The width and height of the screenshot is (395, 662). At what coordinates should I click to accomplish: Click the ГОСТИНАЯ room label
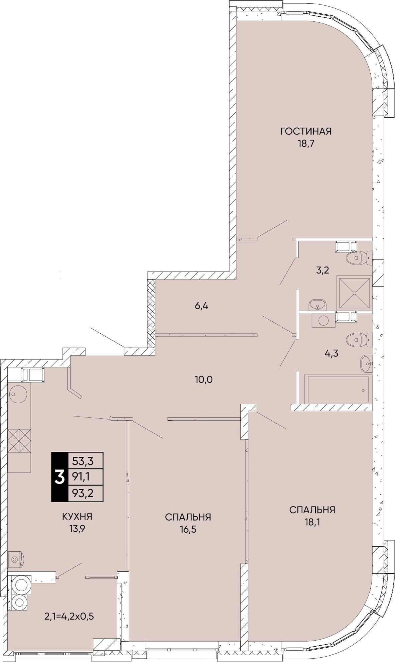click(306, 131)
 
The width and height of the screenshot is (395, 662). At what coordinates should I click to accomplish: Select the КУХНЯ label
click(77, 517)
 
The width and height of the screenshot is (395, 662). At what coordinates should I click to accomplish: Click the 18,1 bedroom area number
click(312, 523)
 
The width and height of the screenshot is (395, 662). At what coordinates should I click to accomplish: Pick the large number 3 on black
click(59, 477)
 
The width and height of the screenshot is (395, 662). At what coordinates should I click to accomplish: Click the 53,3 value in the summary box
click(82, 461)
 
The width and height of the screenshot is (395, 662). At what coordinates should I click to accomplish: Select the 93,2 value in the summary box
click(82, 493)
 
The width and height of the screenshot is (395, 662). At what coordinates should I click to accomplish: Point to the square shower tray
click(354, 292)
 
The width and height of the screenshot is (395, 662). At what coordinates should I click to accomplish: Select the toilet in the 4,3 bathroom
click(359, 340)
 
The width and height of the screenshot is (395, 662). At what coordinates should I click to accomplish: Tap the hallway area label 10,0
click(204, 380)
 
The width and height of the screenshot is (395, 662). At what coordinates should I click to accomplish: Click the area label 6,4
click(202, 306)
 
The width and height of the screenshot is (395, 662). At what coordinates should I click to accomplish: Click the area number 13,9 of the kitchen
click(77, 530)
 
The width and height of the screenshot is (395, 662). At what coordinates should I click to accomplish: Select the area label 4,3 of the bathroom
click(332, 353)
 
